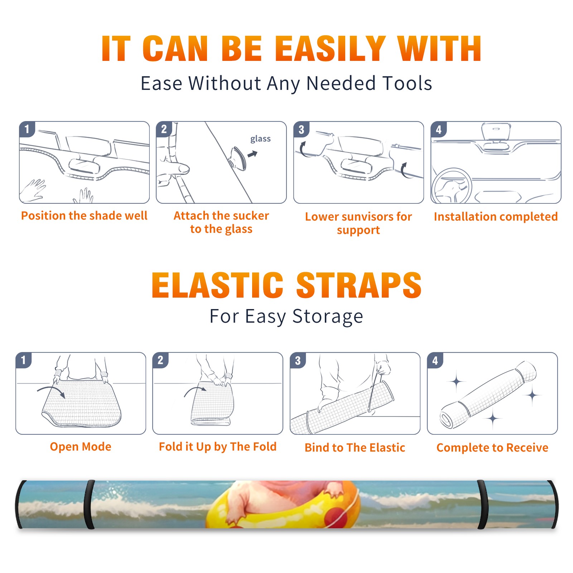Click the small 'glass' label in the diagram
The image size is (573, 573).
click(x=260, y=139)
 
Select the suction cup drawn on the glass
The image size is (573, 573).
click(x=237, y=158)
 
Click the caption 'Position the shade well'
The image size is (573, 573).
click(x=84, y=216)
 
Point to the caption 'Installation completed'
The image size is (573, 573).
click(x=496, y=217)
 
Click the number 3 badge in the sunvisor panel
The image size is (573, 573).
click(x=301, y=129)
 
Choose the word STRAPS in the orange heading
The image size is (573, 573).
click(x=359, y=285)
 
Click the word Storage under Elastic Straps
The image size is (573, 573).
click(x=328, y=317)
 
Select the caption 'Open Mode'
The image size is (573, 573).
click(x=81, y=447)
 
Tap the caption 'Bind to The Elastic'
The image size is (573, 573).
click(x=355, y=448)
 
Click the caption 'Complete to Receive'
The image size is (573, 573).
click(x=492, y=448)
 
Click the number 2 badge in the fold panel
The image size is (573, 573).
click(x=160, y=360)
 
